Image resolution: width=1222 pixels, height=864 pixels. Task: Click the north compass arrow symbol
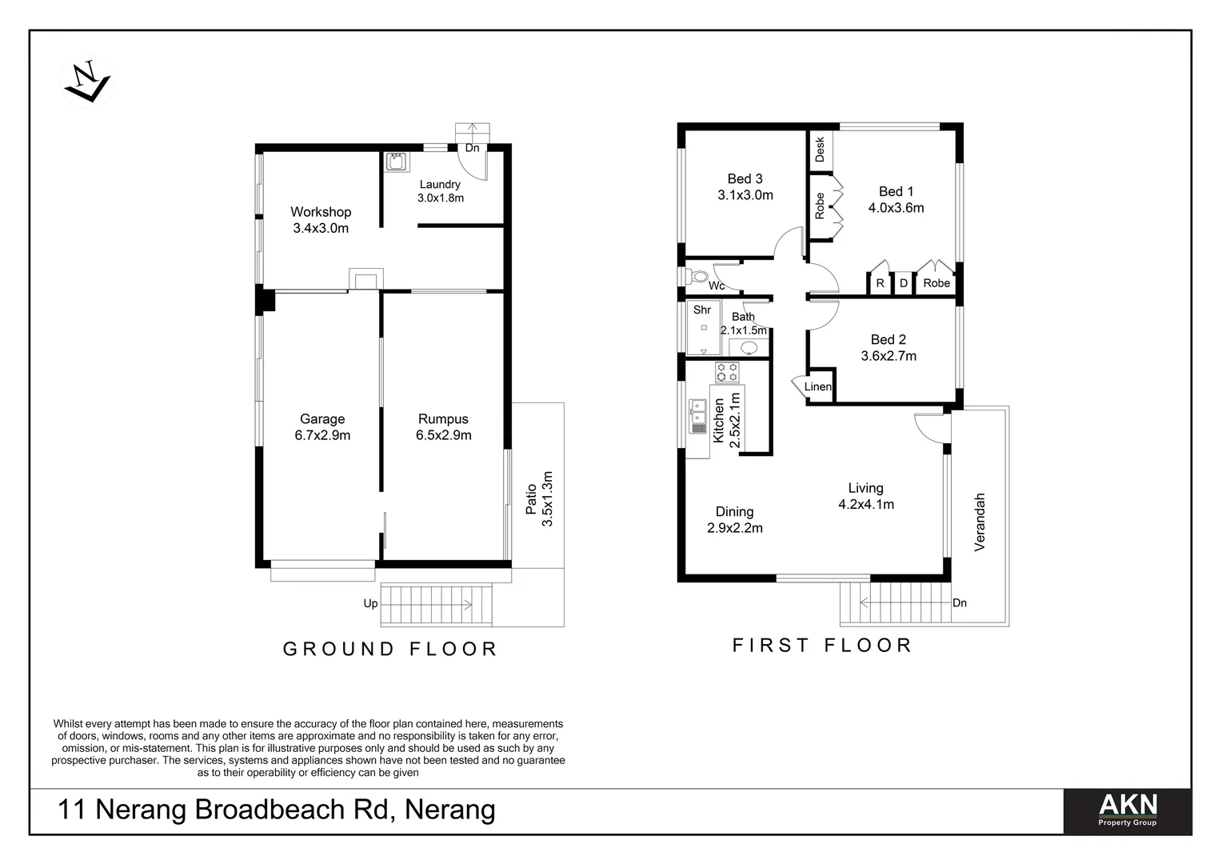click(x=86, y=82)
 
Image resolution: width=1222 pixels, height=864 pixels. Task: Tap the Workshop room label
click(x=321, y=212)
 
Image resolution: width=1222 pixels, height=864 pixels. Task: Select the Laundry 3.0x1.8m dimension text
click(x=441, y=198)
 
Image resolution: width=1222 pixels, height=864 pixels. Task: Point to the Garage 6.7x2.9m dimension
click(x=322, y=435)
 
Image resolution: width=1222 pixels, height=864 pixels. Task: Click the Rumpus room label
click(x=443, y=419)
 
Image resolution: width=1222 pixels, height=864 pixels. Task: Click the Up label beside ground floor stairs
click(x=370, y=603)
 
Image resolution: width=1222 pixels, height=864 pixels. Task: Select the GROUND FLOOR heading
click(x=390, y=649)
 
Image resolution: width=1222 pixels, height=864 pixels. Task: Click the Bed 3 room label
click(x=745, y=178)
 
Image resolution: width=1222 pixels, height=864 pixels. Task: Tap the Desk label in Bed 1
click(x=820, y=149)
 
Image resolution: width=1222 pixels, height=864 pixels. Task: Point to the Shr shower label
click(x=702, y=310)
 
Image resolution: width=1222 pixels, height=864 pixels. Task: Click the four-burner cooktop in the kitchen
click(x=727, y=373)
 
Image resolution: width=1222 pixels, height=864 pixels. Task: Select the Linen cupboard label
click(x=818, y=386)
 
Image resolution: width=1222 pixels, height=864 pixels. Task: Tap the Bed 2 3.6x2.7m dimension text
click(x=889, y=356)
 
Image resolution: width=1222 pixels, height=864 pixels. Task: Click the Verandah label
click(x=980, y=522)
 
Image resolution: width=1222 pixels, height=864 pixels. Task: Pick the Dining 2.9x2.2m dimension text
click(x=734, y=528)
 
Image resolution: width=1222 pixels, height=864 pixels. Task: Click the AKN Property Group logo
click(x=1127, y=811)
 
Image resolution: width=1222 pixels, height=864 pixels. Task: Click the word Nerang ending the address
click(x=450, y=810)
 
